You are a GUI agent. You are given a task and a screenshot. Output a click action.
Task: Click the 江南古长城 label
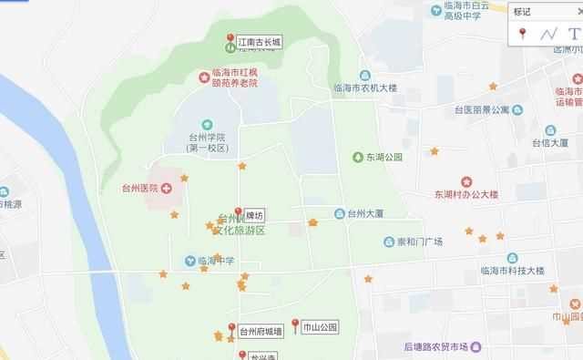tap(260, 42)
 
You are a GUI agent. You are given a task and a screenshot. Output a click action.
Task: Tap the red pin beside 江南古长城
tap(230, 39)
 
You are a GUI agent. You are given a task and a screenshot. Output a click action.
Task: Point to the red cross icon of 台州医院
tap(166, 188)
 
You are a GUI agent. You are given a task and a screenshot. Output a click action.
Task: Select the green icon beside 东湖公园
tap(357, 157)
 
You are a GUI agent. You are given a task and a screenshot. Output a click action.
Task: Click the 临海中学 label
tap(216, 261)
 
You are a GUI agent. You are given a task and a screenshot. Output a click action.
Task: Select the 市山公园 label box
tap(320, 326)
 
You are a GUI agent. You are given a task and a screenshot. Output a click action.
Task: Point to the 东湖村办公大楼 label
tap(466, 193)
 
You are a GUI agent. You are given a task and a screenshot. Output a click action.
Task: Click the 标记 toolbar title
tap(522, 13)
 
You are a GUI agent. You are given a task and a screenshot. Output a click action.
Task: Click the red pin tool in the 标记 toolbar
tap(522, 35)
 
